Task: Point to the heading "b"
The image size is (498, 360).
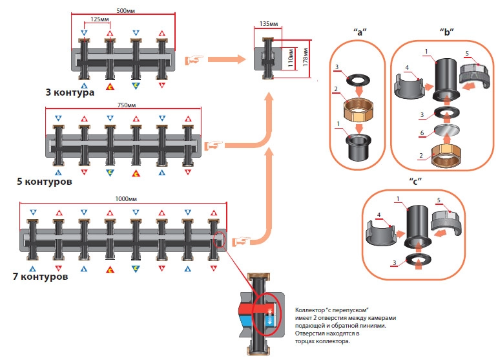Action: (445, 30)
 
